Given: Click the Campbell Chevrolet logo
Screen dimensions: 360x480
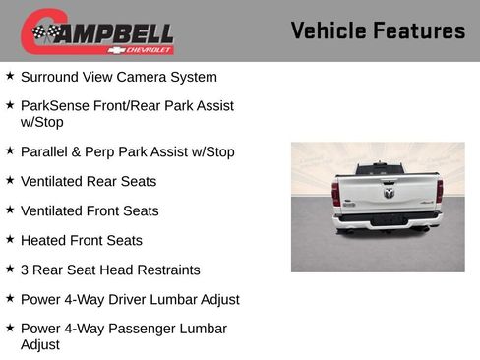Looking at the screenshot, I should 97,31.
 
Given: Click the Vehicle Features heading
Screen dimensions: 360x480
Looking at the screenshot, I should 378,30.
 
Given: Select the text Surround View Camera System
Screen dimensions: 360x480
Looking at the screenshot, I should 118,77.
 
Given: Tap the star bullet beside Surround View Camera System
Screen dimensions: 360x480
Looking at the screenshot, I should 10,76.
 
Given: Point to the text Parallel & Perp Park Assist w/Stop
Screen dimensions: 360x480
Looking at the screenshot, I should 127,152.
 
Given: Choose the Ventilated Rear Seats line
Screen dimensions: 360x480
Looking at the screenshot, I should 88,182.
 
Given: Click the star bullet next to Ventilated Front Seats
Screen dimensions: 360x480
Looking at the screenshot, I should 10,210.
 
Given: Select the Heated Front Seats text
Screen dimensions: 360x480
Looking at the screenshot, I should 81,241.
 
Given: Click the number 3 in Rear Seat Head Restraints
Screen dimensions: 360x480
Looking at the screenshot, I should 25,270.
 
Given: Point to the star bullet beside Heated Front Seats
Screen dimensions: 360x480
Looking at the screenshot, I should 10,240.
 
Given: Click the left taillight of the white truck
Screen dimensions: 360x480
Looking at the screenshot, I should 335,193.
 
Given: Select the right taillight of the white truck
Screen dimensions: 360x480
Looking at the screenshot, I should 439,191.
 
